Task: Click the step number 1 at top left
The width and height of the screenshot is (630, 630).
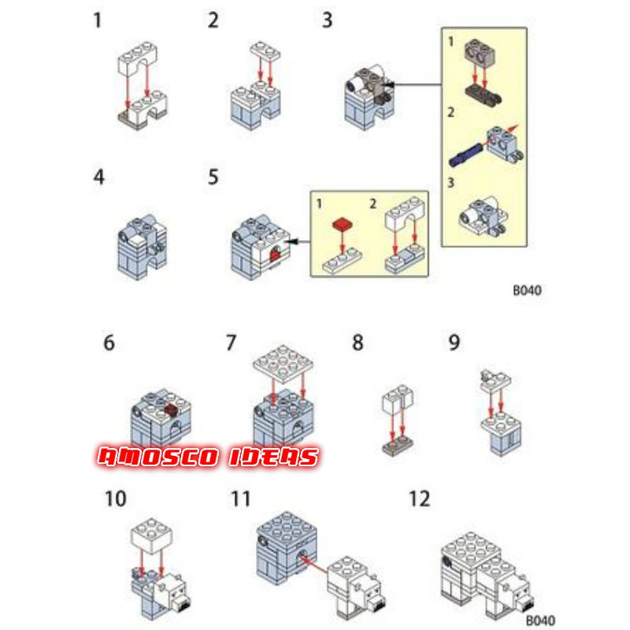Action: [x=97, y=20]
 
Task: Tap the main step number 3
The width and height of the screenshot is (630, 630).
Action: [x=328, y=20]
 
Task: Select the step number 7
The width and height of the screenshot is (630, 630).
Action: [x=231, y=343]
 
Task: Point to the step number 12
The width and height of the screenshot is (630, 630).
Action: [x=419, y=498]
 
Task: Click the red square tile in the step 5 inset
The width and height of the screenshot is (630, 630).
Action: [x=343, y=224]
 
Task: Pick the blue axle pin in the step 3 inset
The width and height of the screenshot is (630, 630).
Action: [x=465, y=155]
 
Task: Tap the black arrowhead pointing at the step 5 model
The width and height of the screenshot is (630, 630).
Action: [x=293, y=242]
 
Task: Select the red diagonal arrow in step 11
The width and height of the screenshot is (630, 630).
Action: [x=313, y=565]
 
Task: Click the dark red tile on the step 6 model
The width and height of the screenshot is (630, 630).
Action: [x=171, y=409]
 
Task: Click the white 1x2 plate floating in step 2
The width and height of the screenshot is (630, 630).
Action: [x=265, y=51]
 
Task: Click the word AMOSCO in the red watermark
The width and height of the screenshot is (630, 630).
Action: [x=158, y=458]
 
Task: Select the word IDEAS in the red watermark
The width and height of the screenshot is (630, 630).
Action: [x=274, y=458]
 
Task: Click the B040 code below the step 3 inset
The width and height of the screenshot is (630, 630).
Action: [x=527, y=290]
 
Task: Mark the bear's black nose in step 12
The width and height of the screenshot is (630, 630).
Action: [x=527, y=605]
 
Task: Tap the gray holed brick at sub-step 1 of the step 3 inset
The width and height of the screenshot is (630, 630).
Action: [x=480, y=53]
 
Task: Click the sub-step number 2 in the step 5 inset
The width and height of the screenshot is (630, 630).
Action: [x=373, y=204]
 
